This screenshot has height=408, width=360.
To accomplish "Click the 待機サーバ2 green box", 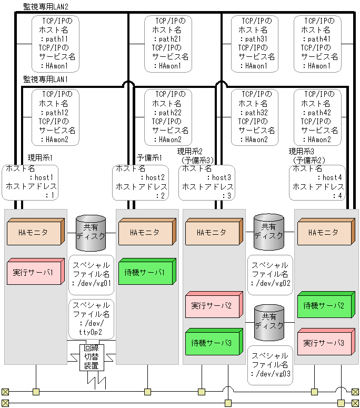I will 324,304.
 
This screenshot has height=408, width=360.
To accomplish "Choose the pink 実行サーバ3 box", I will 324,341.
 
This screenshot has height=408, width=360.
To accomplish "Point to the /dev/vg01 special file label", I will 91,274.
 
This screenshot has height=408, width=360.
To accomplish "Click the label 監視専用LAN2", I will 46,6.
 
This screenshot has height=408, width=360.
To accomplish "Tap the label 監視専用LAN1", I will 46,79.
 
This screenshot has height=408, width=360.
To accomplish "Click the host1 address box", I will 29,182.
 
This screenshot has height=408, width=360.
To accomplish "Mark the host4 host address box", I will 317,182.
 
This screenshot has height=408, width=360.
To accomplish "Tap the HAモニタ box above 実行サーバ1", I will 34,232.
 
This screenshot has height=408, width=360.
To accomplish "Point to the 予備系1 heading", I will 149,157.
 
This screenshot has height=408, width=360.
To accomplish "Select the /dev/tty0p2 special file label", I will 91,319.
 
